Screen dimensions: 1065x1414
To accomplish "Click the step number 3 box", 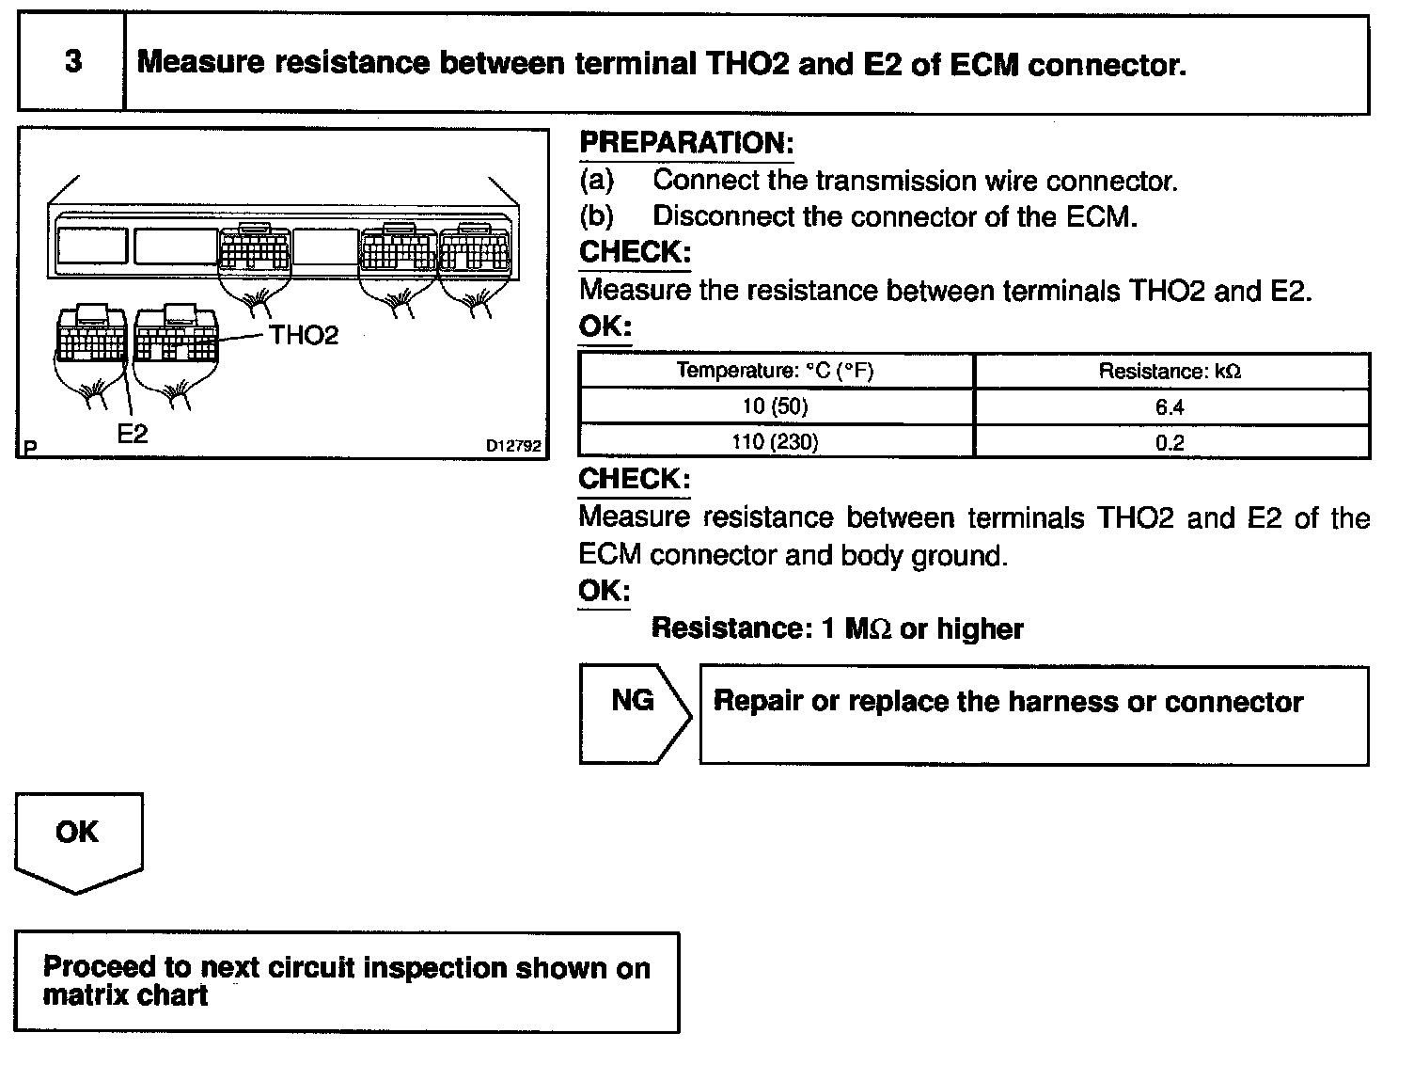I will tap(71, 63).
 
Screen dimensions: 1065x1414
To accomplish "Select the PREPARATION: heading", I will tap(686, 143).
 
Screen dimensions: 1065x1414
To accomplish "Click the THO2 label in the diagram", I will tap(304, 336).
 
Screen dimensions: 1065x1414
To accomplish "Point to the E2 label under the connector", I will tap(133, 433).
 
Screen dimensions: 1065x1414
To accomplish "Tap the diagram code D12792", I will tap(514, 446).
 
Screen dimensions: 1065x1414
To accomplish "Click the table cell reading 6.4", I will tap(1170, 407).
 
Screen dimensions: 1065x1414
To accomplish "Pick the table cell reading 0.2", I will tap(1170, 442).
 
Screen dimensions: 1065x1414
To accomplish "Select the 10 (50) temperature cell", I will tap(776, 407).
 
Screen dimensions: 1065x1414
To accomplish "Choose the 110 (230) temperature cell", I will tap(776, 442).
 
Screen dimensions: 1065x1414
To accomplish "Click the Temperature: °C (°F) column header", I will tap(776, 371).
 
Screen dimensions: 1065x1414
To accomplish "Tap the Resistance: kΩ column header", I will tap(1170, 372).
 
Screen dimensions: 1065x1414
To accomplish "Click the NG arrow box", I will tap(634, 713).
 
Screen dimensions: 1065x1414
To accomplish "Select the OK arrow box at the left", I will tap(78, 839).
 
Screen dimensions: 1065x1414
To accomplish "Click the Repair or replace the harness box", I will tap(1033, 715).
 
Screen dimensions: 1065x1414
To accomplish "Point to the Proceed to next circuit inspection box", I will tap(346, 981).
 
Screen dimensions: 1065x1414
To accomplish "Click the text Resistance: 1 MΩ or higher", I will tap(837, 628).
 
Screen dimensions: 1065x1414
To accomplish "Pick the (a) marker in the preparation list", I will tap(597, 180).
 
